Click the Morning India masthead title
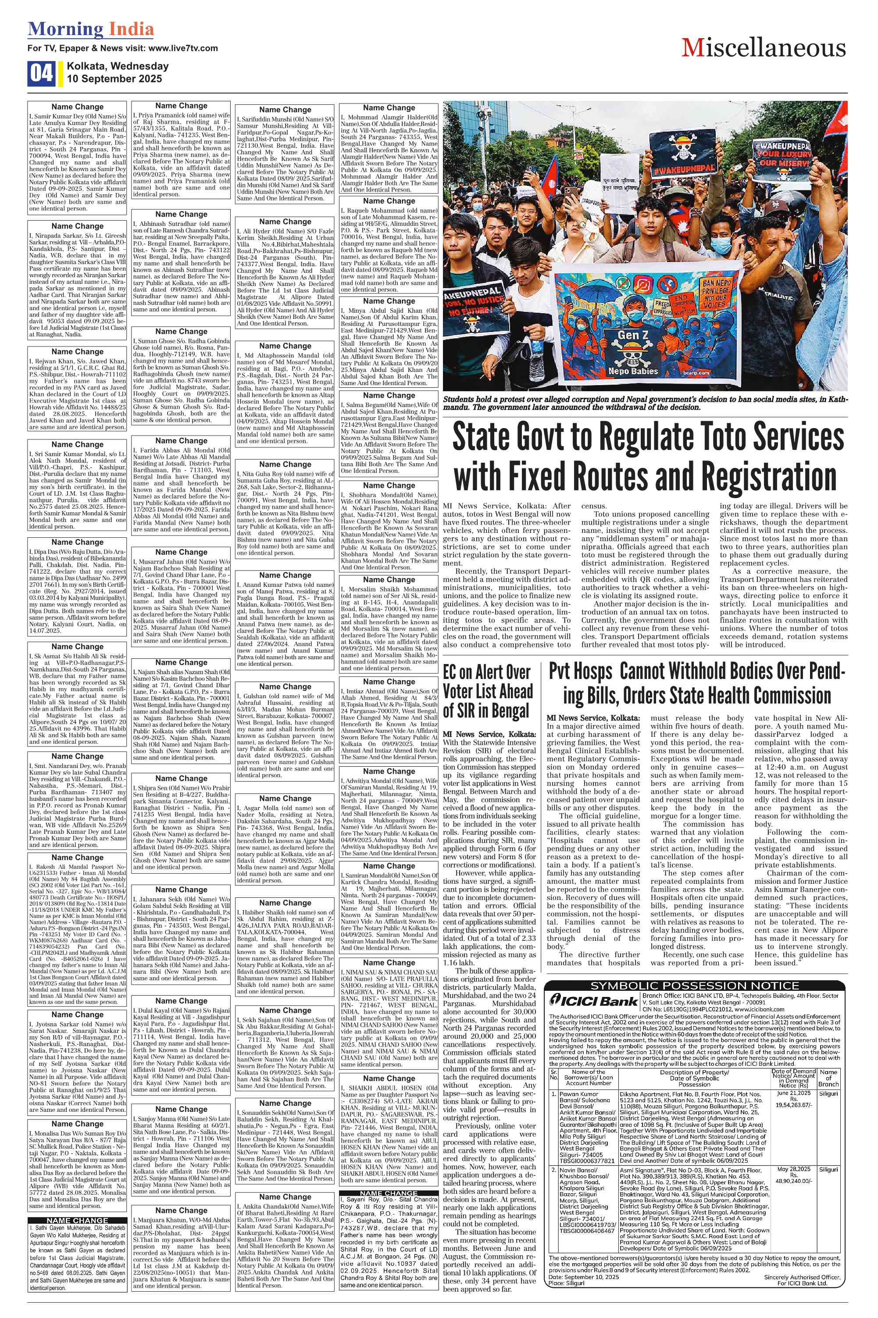[91, 29]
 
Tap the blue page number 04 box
[42, 73]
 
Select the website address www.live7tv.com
[183, 48]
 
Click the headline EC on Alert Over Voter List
[487, 690]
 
